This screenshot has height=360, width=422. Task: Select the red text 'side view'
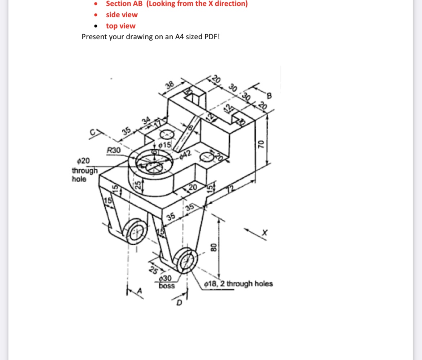pos(122,15)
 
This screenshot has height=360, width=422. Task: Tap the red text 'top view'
pos(120,26)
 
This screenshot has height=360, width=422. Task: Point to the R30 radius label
pos(114,150)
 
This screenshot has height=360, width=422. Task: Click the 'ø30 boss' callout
pos(166,282)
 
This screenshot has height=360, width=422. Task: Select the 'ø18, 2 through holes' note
pos(238,284)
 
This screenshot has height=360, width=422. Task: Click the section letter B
pos(269,96)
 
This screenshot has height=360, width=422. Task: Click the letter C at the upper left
pos(93,135)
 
